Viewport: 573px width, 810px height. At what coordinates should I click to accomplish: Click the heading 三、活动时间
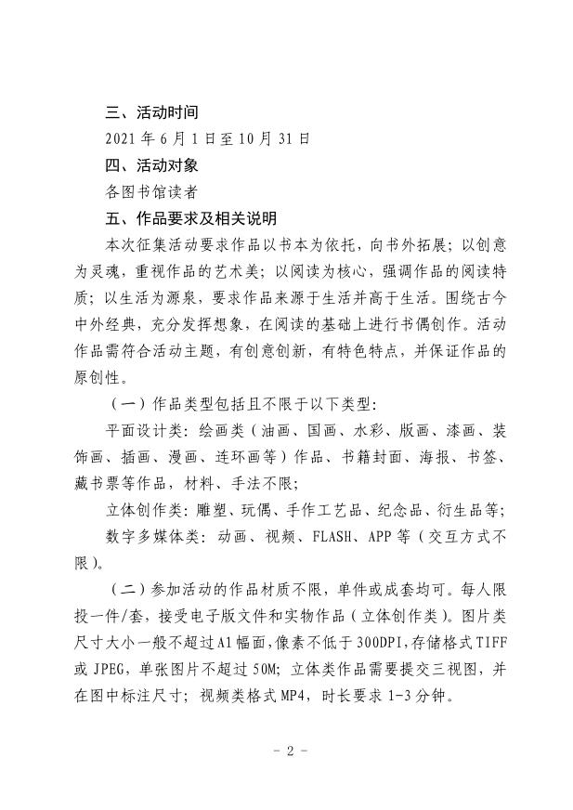pos(151,113)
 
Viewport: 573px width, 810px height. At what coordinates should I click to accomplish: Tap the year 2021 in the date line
pos(121,139)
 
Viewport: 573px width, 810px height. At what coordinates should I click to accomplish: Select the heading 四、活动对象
pos(151,166)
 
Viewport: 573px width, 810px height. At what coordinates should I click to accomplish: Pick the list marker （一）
pos(124,405)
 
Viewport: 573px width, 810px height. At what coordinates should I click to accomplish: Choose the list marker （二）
pos(124,591)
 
